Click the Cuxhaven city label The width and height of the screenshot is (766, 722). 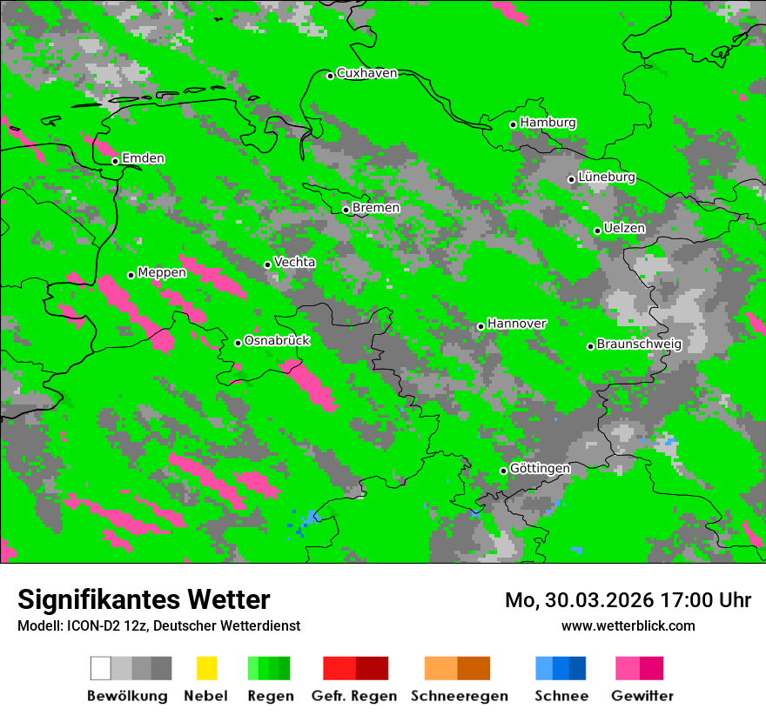click(366, 73)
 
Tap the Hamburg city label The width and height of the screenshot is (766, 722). click(548, 123)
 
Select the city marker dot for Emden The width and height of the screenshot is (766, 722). click(115, 161)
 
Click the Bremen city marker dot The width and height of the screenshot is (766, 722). click(346, 210)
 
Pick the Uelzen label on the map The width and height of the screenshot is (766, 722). click(624, 229)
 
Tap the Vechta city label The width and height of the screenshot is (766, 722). click(294, 263)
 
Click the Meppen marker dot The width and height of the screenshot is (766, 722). click(131, 275)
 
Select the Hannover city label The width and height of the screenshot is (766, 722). click(516, 324)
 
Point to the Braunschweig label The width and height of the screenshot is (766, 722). click(639, 344)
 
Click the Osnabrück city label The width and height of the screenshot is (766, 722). click(277, 341)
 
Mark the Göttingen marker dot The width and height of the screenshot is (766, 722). click(503, 471)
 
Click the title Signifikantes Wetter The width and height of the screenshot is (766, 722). click(144, 600)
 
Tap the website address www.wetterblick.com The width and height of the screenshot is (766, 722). click(628, 626)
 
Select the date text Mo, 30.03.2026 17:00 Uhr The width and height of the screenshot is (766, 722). click(628, 600)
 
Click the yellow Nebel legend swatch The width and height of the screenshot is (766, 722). click(206, 668)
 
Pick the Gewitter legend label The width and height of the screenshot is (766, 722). click(642, 696)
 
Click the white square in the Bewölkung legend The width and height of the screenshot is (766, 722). click(101, 668)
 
